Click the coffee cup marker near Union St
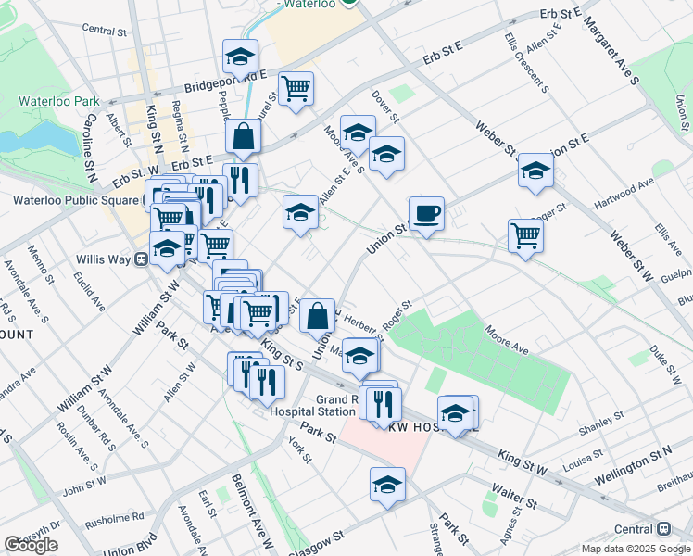click(426, 214)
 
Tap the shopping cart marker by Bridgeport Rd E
click(296, 90)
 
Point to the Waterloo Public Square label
click(74, 199)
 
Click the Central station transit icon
click(663, 529)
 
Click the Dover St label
click(384, 107)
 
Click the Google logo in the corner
click(31, 545)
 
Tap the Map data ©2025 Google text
click(635, 549)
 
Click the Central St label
click(104, 30)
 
